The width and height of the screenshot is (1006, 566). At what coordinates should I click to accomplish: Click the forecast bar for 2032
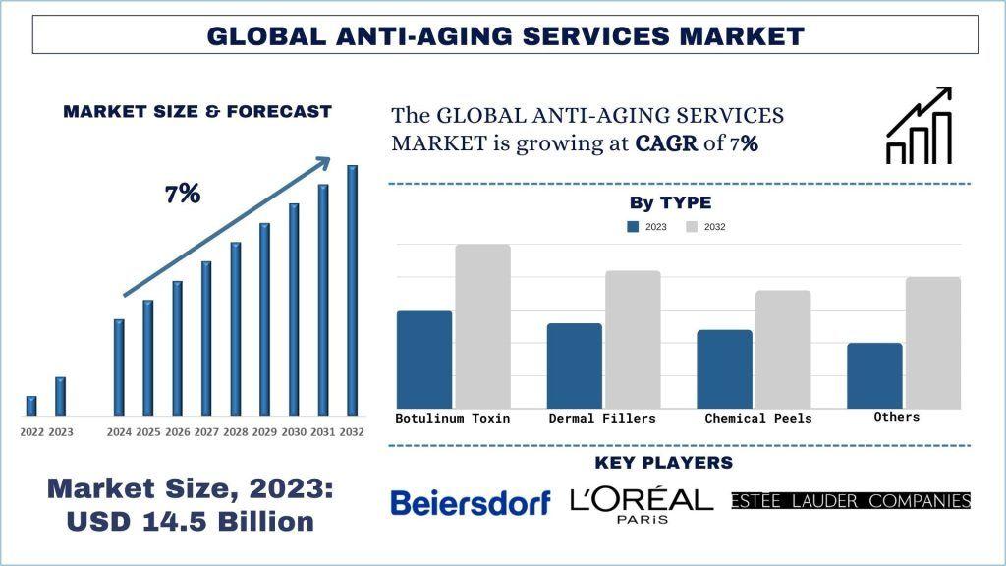(352, 290)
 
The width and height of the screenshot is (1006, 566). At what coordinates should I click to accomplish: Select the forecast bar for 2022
(31, 405)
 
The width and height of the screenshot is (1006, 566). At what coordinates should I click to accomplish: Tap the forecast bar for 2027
(206, 337)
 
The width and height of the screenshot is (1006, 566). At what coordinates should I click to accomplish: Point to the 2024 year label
(119, 432)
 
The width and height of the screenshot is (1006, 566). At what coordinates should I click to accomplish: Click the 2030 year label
(294, 432)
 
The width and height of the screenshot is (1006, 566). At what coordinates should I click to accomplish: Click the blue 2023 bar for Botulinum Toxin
(424, 359)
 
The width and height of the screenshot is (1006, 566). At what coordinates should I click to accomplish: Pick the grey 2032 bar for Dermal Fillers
(633, 339)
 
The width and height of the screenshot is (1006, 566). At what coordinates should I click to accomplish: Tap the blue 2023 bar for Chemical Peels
(724, 368)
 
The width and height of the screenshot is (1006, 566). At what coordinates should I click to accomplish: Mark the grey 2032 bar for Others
(933, 342)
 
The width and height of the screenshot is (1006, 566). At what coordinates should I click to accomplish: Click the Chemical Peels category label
(758, 419)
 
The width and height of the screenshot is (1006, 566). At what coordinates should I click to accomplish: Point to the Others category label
(896, 417)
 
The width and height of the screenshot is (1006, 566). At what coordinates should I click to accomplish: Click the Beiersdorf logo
(471, 503)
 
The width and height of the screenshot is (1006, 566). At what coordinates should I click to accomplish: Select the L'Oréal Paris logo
(642, 503)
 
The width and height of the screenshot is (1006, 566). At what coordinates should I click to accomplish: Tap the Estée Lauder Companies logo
(851, 501)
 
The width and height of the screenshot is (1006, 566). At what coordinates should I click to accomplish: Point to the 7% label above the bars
(183, 194)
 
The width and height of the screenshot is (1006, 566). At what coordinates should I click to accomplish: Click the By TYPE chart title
(670, 203)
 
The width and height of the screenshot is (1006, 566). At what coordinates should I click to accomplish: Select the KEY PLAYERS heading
(664, 463)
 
